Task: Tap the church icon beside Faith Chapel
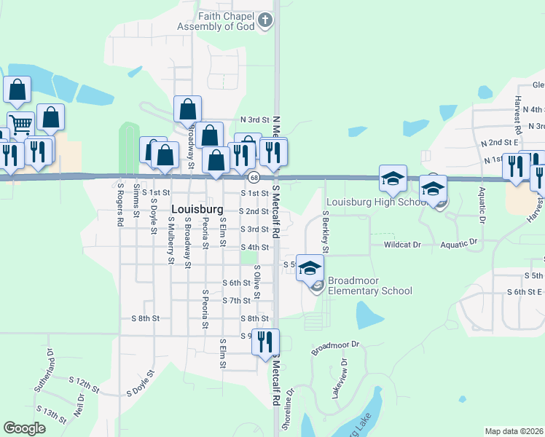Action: (267, 21)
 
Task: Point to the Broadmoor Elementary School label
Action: (369, 286)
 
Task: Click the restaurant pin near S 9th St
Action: (265, 341)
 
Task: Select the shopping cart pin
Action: (20, 124)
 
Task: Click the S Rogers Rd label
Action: (120, 203)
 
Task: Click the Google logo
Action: (25, 428)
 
